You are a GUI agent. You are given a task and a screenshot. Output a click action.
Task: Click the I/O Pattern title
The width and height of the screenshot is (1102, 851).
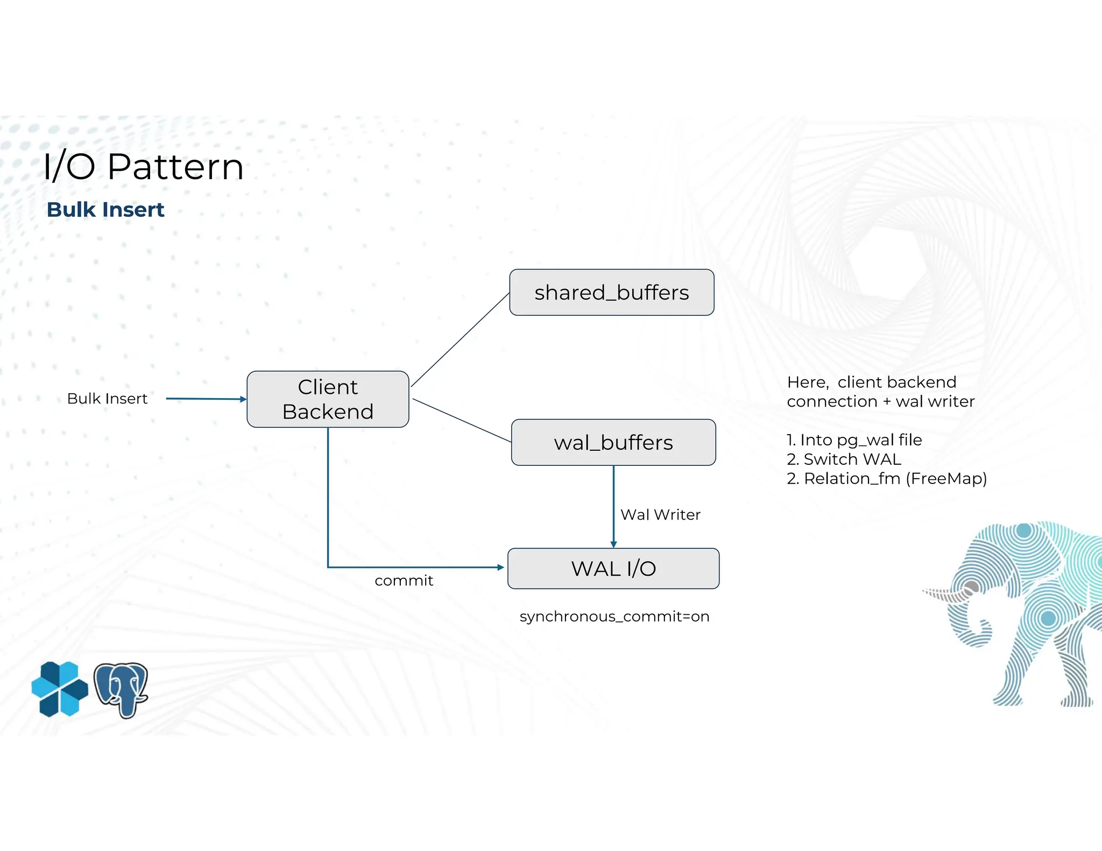pos(143,167)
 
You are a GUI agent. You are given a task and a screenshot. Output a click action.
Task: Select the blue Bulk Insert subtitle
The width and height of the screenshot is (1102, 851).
pos(105,210)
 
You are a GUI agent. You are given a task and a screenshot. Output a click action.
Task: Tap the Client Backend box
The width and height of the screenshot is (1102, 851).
pos(328,399)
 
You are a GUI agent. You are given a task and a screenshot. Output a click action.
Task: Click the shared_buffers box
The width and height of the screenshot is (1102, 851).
pos(612,293)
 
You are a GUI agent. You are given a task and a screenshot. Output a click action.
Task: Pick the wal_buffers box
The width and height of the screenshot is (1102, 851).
pos(613,443)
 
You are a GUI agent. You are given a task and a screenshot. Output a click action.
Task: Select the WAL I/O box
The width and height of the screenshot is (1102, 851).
pos(613,569)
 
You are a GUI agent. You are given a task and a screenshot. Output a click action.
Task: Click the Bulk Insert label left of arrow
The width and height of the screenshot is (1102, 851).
pos(107,399)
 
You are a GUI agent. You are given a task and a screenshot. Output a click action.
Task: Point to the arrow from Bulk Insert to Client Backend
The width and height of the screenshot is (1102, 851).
pos(204,399)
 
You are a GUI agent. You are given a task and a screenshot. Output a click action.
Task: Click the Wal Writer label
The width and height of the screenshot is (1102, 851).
pos(660,515)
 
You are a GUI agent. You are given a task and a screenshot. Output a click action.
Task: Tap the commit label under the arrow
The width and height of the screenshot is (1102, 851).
pos(404,580)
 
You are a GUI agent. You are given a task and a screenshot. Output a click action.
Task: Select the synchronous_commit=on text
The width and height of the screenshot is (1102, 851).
pos(614,616)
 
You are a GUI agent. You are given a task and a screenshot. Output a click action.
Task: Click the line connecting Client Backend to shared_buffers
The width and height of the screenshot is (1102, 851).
pos(460,340)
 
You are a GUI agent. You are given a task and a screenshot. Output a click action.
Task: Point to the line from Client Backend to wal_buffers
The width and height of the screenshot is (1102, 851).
pos(462,421)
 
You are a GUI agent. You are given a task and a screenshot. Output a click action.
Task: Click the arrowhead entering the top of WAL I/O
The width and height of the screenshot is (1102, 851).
pos(613,544)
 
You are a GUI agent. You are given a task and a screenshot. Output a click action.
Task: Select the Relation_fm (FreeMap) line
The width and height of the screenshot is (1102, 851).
pos(887,479)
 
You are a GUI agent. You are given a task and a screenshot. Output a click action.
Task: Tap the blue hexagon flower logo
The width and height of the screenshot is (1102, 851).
pos(60,689)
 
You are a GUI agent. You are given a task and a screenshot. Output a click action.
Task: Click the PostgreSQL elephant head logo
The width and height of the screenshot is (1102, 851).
pos(121,690)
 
